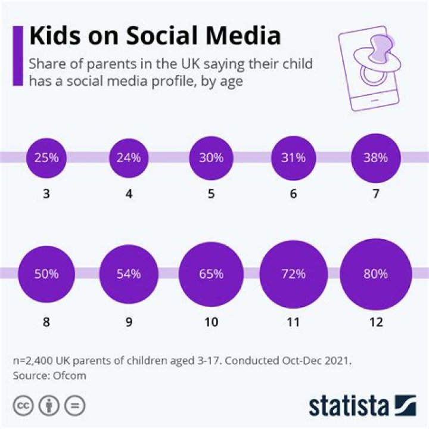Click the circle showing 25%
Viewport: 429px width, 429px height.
pyautogui.click(x=46, y=158)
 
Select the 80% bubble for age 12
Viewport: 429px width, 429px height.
pyautogui.click(x=375, y=274)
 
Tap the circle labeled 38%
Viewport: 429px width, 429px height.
pyautogui.click(x=375, y=158)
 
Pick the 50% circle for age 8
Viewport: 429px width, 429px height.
pyautogui.click(x=46, y=274)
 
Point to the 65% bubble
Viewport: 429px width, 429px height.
pyautogui.click(x=211, y=274)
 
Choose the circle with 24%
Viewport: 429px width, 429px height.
pyautogui.click(x=129, y=158)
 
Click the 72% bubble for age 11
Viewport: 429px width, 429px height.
pyautogui.click(x=293, y=274)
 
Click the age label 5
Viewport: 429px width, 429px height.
pyautogui.click(x=211, y=194)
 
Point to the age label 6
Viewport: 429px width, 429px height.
pyautogui.click(x=293, y=194)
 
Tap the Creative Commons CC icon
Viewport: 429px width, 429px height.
pyautogui.click(x=24, y=406)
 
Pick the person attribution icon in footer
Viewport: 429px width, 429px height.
pyautogui.click(x=49, y=406)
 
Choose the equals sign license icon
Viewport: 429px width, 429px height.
pyautogui.click(x=74, y=406)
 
